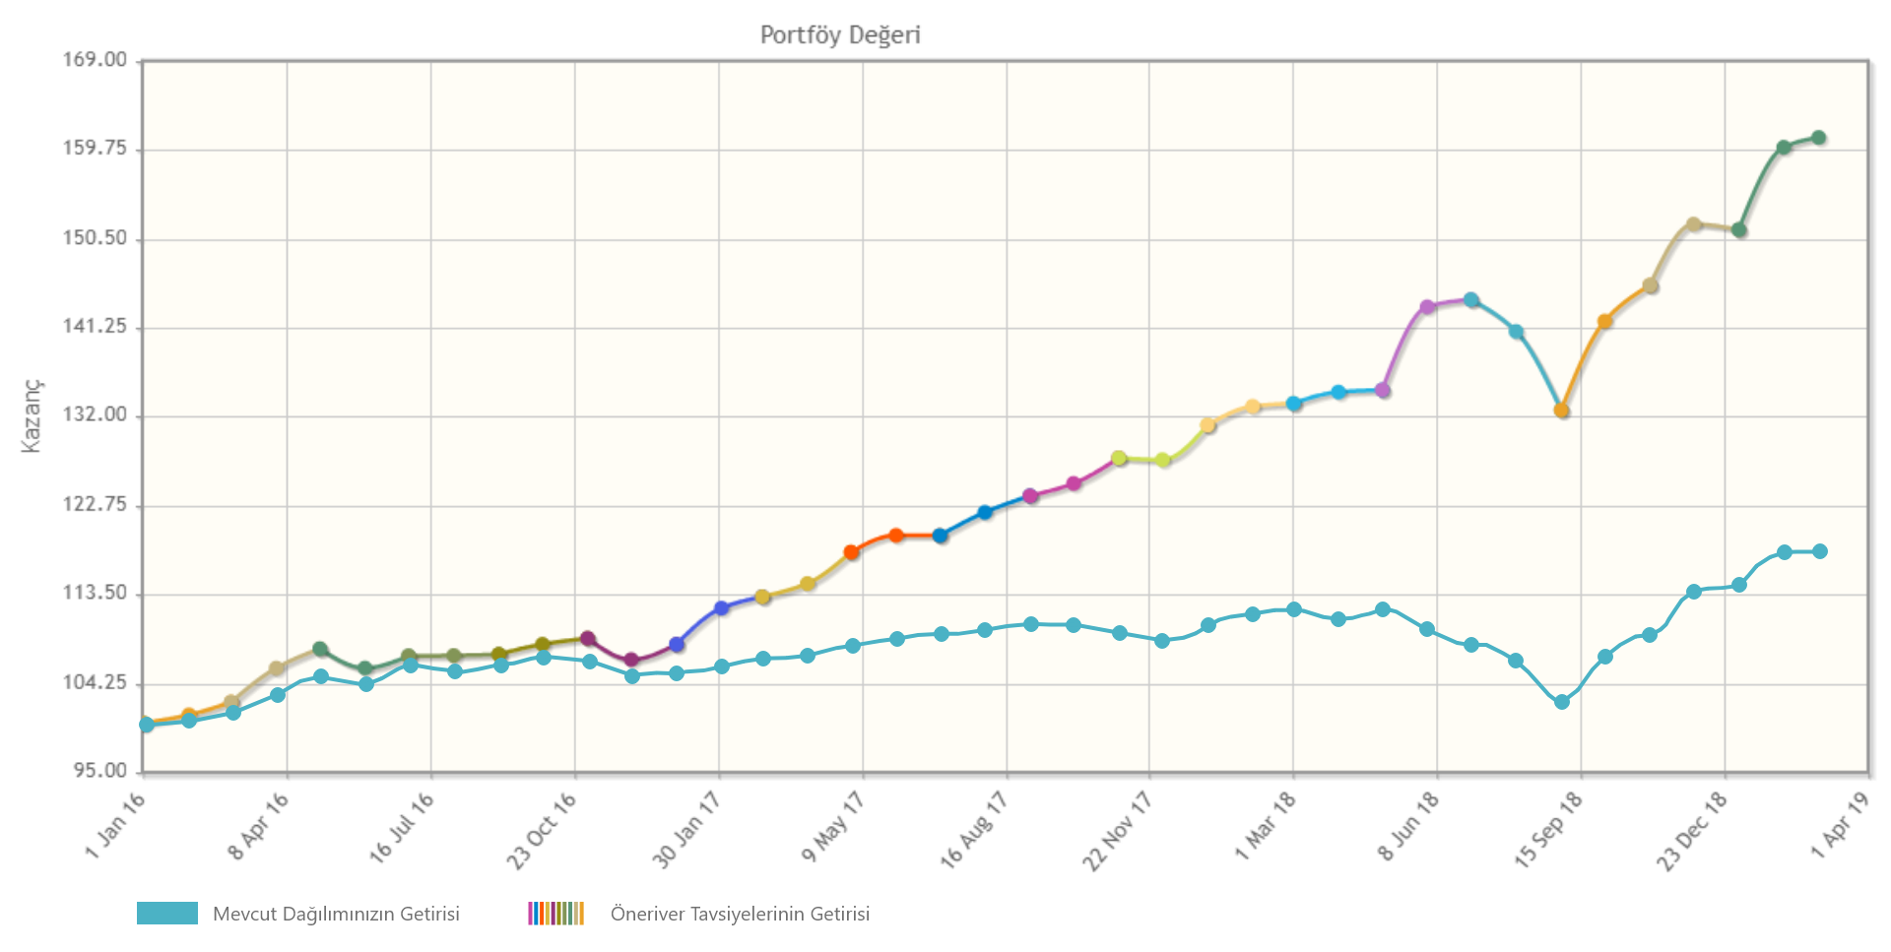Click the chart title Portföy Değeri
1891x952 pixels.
(x=840, y=35)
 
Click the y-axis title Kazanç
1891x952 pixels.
(x=32, y=414)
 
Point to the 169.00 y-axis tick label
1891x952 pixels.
(x=96, y=60)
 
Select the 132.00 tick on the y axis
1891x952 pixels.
(x=96, y=415)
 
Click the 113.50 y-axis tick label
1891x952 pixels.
(x=96, y=593)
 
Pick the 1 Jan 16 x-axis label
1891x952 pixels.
(x=116, y=824)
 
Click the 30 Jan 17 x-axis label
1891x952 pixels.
(x=686, y=830)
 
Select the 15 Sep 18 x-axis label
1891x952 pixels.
(x=1547, y=830)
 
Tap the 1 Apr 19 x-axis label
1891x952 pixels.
(x=1840, y=825)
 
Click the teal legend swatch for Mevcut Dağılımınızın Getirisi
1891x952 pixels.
(x=166, y=914)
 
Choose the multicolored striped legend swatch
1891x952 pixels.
(x=555, y=914)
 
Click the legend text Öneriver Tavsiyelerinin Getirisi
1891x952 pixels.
(x=740, y=914)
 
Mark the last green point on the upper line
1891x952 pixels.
(x=1819, y=138)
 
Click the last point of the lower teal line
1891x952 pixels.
(x=1820, y=551)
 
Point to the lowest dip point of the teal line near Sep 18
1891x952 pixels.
(x=1561, y=702)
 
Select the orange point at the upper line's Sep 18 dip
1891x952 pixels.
(x=1561, y=411)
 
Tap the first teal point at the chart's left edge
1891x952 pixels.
(x=147, y=725)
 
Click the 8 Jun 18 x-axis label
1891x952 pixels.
(x=1408, y=827)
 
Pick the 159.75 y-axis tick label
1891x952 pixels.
(x=96, y=149)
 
